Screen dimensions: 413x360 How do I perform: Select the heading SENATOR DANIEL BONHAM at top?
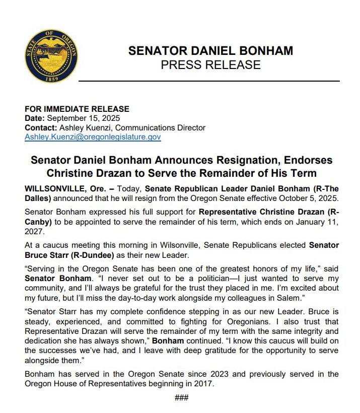pyautogui.click(x=210, y=51)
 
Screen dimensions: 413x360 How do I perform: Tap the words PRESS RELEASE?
pyautogui.click(x=210, y=65)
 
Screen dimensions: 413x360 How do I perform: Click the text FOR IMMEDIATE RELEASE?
pyautogui.click(x=77, y=109)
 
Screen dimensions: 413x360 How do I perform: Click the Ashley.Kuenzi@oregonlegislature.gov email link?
pyautogui.click(x=93, y=136)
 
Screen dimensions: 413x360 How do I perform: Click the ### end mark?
pyautogui.click(x=182, y=397)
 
